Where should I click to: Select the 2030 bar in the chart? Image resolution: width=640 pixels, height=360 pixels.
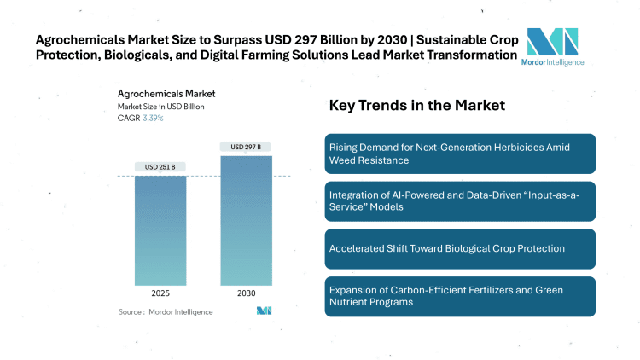(247, 219)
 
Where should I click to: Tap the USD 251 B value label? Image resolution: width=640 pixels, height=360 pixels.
(160, 166)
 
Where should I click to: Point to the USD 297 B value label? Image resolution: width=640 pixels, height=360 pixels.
(247, 147)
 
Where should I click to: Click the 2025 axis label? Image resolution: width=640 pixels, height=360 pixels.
(160, 293)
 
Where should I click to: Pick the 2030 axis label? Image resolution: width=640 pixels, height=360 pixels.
(247, 293)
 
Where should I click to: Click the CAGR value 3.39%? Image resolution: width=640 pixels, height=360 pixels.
(152, 118)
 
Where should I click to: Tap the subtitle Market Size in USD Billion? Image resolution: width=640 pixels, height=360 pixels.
(160, 107)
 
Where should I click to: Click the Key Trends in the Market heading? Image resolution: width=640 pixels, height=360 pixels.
(417, 106)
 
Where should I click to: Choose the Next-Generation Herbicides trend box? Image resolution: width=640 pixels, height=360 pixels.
(460, 154)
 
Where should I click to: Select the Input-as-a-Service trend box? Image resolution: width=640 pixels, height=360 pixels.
(460, 201)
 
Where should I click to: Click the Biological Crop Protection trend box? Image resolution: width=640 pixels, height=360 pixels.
(460, 248)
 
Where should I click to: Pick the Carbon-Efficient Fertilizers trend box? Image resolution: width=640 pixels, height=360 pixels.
(460, 296)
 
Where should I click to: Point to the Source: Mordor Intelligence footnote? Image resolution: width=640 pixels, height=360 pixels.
(166, 312)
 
